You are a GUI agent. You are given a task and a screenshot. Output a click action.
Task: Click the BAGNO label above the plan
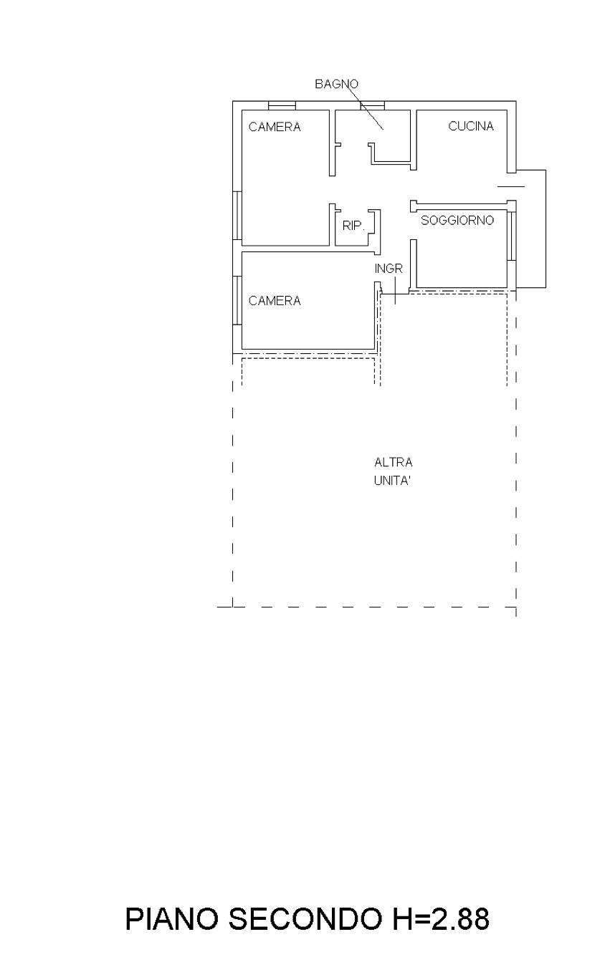click(x=336, y=84)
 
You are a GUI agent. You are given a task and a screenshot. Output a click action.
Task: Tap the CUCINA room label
click(x=471, y=126)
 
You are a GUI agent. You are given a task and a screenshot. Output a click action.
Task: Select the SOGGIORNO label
click(x=457, y=221)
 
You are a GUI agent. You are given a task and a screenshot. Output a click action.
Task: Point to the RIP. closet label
click(x=353, y=226)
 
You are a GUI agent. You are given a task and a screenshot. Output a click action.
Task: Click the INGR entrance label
click(x=389, y=269)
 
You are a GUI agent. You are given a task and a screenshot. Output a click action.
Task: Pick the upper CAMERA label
click(x=275, y=127)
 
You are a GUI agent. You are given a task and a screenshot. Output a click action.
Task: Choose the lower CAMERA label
click(x=275, y=301)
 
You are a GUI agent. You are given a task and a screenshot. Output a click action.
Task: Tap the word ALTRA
click(x=393, y=463)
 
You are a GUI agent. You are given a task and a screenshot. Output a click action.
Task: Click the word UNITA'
click(x=392, y=481)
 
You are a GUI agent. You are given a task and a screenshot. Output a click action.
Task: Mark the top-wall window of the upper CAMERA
click(x=282, y=105)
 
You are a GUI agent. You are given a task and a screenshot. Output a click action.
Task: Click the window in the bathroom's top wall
click(x=372, y=105)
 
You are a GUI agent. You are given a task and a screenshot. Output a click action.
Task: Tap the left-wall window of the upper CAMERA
click(x=237, y=215)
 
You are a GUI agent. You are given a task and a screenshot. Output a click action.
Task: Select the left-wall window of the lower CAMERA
click(x=237, y=300)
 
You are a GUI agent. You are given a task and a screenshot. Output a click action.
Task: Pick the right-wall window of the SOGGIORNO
click(x=512, y=236)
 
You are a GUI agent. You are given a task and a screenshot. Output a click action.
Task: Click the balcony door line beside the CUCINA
click(x=511, y=187)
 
